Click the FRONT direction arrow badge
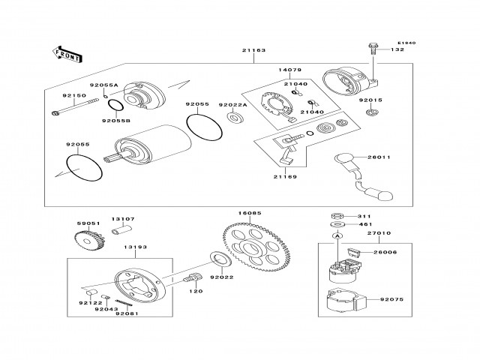65,52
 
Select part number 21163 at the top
253,50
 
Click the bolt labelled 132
373,51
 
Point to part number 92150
73,96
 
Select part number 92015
370,99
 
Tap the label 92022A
231,105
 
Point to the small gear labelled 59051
88,240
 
